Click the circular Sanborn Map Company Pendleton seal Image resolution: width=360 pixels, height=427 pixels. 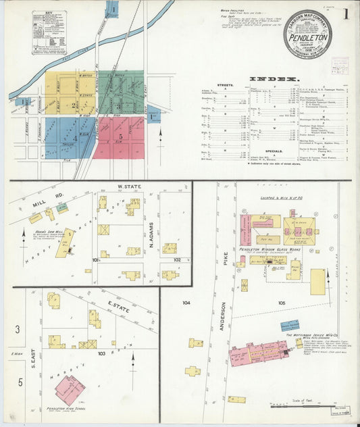click(307, 34)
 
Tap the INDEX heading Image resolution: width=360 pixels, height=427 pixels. click(275, 79)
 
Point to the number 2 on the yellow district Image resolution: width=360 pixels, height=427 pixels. click(73, 105)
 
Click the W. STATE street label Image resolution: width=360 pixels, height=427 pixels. click(128, 186)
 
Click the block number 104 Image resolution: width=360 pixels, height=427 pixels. click(186, 303)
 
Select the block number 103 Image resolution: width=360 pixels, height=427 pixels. click(101, 353)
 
